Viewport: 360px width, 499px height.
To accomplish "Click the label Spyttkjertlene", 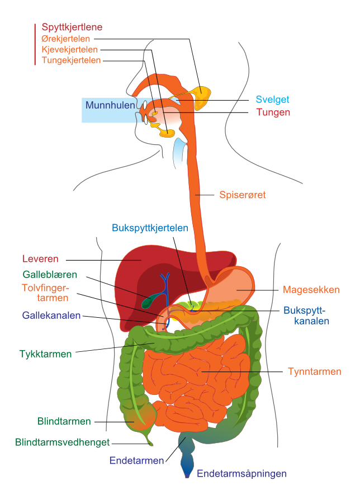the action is tap(72, 27).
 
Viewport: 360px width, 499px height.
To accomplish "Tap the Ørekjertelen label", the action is tap(66, 39).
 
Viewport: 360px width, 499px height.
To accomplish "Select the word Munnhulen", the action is tap(110, 105).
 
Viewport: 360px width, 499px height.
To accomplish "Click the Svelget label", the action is tap(273, 100).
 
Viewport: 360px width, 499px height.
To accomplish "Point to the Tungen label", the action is tap(273, 112).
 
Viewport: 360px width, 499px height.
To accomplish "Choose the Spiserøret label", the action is tap(243, 195).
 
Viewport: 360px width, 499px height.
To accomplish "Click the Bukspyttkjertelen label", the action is tap(150, 228).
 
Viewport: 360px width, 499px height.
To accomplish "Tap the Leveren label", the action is tap(40, 258).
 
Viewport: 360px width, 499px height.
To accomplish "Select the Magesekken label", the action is tap(311, 290).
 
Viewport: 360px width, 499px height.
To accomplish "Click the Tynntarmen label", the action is tap(315, 371).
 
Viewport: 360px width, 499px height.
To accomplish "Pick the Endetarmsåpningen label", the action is tap(241, 473).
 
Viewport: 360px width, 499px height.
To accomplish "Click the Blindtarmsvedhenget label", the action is tap(63, 442).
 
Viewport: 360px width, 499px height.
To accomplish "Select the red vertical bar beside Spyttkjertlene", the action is tap(35, 44).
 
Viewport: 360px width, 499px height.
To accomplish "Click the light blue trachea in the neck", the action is tap(179, 154).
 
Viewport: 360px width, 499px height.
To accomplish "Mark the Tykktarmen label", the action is tap(45, 354).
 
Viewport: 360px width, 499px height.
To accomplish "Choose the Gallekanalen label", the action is tap(51, 316).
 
